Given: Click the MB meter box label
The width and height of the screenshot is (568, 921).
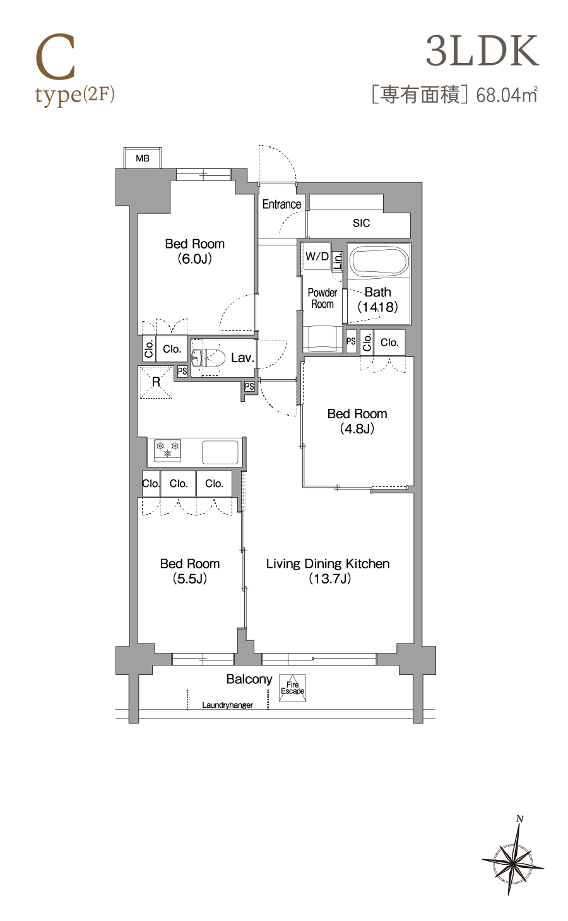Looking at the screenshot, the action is tap(143, 158).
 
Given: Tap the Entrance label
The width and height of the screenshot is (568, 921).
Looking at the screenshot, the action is tap(281, 204).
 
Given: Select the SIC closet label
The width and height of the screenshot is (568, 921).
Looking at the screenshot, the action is tap(361, 223).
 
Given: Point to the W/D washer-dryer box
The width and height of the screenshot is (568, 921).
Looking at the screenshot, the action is tap(317, 257).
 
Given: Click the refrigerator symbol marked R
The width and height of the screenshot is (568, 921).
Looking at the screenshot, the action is tap(156, 382).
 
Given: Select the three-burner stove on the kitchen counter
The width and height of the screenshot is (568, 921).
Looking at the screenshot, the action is tap(167, 450).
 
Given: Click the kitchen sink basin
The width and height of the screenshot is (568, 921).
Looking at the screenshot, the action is tap(220, 452).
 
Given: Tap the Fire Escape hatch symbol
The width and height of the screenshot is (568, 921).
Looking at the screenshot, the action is tap(292, 688).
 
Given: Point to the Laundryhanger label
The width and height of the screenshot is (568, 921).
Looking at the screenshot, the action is tap(227, 705).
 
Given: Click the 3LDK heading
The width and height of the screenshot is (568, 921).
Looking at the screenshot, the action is tap(482, 51).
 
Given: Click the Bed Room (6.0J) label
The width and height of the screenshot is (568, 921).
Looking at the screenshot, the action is tap(195, 251).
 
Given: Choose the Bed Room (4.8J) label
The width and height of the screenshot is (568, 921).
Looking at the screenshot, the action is tap(357, 421).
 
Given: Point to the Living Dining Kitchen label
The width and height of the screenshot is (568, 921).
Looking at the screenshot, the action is tap(328, 571).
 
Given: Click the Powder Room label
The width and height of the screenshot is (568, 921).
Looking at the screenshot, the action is tap(322, 298).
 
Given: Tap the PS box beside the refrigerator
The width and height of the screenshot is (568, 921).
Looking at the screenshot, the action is tap(182, 372).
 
